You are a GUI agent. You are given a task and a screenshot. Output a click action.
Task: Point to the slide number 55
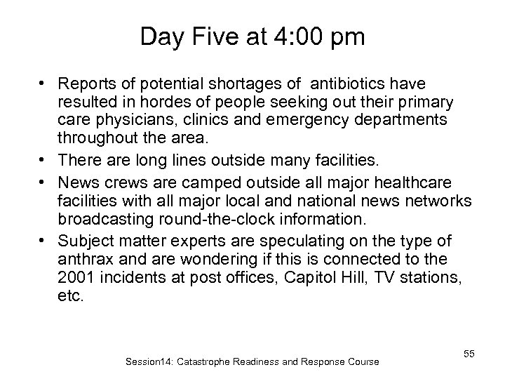click(469, 354)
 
